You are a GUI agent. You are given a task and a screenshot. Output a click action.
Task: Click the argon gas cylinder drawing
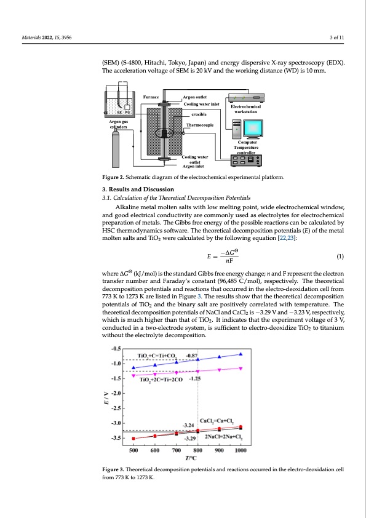115,149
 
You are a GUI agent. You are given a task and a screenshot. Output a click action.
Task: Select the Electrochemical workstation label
246,109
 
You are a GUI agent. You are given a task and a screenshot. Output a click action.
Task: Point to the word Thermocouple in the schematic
200,125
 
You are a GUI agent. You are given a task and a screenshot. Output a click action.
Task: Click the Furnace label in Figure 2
151,97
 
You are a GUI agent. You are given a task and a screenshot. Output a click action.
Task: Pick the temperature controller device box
246,161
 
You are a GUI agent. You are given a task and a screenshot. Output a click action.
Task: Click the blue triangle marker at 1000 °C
241,354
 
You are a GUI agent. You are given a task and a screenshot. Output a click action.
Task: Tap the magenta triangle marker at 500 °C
133,376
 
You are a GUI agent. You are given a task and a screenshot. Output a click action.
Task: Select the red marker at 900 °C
220,428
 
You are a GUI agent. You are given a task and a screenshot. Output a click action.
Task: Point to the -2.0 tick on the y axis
117,393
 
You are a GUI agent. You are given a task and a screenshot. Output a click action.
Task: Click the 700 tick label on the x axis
177,450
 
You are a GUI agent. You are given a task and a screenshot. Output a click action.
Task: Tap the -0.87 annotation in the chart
191,355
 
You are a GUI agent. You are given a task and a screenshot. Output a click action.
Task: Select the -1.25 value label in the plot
194,378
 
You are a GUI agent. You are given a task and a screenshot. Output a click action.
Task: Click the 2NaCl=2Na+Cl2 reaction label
224,437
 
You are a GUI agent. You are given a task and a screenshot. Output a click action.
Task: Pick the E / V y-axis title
106,398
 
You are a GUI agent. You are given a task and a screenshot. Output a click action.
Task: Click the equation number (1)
340,257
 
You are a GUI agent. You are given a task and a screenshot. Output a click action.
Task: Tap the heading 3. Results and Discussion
138,189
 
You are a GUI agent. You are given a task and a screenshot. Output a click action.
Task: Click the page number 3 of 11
336,38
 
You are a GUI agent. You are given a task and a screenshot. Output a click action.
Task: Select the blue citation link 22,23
287,238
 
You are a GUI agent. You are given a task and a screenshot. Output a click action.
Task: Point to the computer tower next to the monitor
236,129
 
